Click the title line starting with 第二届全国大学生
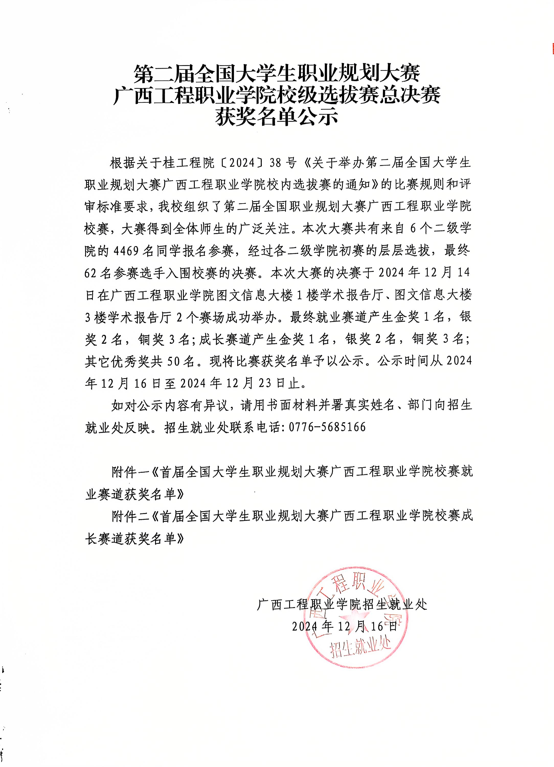coord(277,73)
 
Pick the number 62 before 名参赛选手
coord(91,273)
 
